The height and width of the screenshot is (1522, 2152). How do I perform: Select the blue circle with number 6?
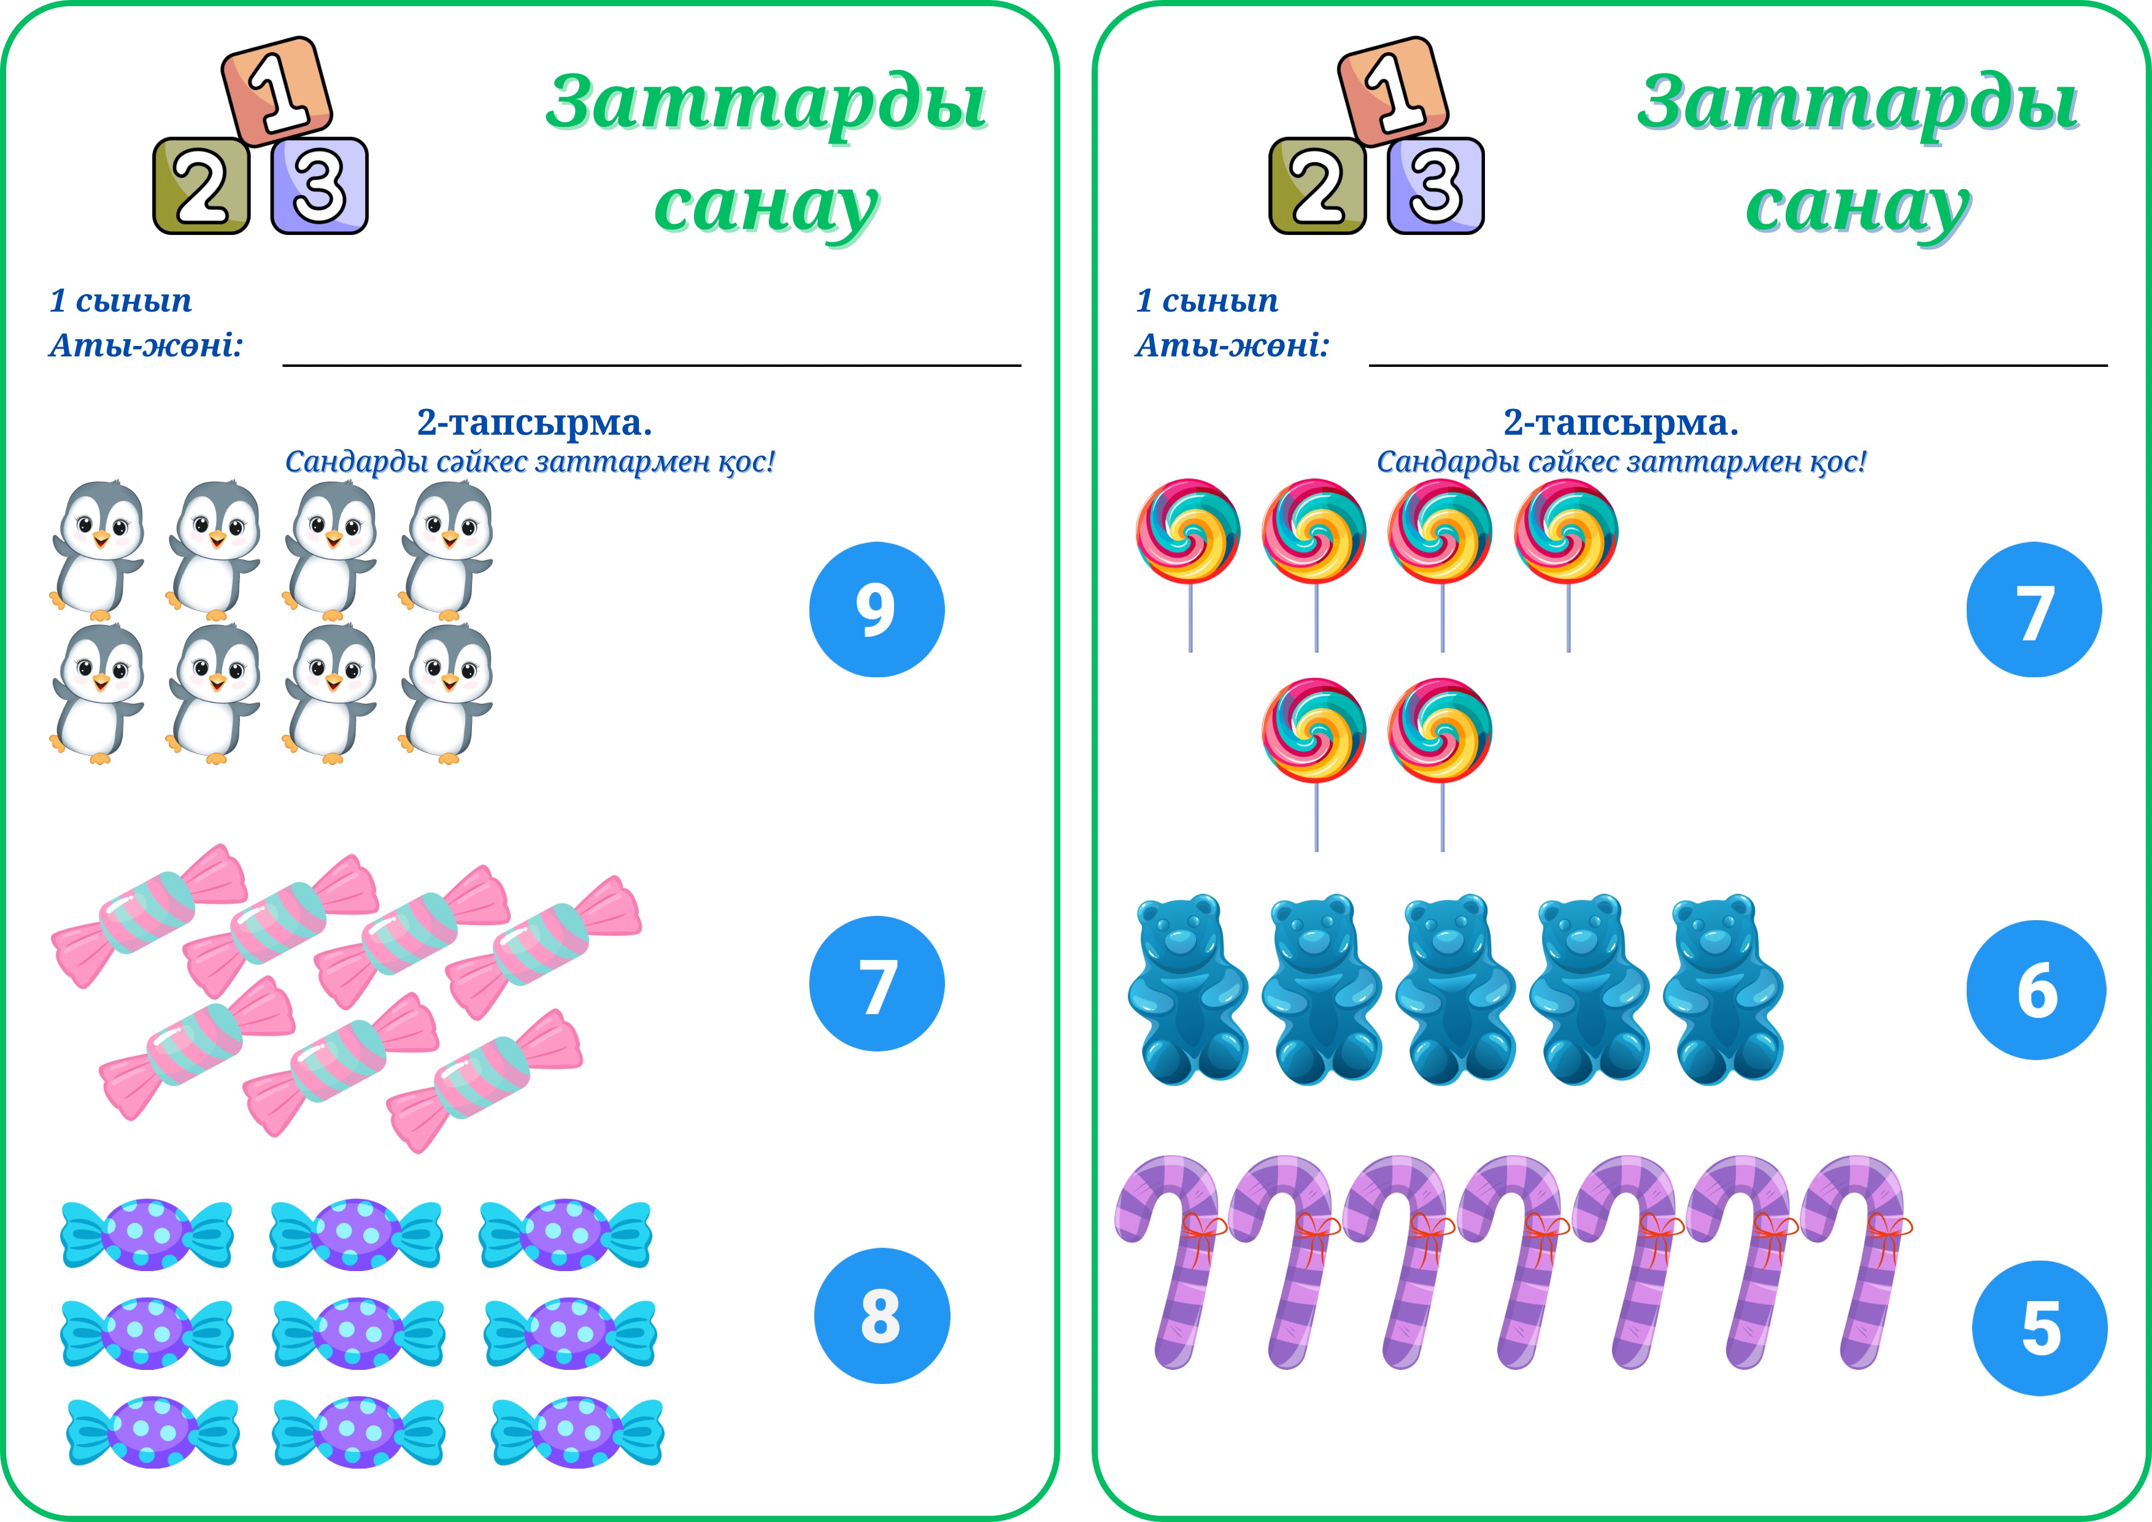pyautogui.click(x=2036, y=990)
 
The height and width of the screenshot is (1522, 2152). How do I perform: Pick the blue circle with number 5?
pyautogui.click(x=2040, y=1328)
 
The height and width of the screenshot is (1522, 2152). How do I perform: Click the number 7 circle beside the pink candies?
pyautogui.click(x=876, y=983)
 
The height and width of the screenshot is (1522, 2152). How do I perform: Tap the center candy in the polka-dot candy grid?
pyautogui.click(x=358, y=1332)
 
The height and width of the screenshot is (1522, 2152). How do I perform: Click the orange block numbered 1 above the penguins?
pyautogui.click(x=277, y=91)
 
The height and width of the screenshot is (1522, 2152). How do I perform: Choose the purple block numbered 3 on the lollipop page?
pyautogui.click(x=1435, y=185)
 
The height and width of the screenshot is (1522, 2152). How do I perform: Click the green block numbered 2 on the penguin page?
pyautogui.click(x=201, y=185)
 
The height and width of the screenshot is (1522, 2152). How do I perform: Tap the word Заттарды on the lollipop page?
pyautogui.click(x=1857, y=103)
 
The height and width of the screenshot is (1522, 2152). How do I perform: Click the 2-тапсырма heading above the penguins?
pyautogui.click(x=534, y=423)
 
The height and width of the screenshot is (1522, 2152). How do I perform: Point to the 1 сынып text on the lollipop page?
pyautogui.click(x=1206, y=301)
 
